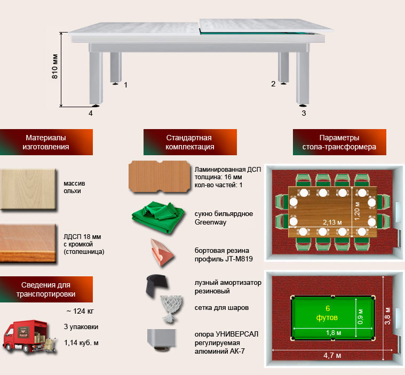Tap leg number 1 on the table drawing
[126, 85]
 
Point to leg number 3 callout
[304, 113]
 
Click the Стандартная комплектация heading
[190, 142]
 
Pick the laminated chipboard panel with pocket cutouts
[160, 178]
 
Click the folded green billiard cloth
[158, 219]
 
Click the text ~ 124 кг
[80, 311]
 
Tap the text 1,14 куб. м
[81, 342]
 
